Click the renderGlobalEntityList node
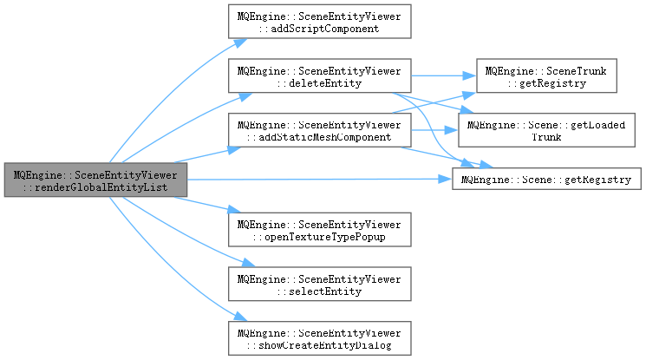pyautogui.click(x=95, y=180)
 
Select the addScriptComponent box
pyautogui.click(x=320, y=22)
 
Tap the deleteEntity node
pyautogui.click(x=320, y=75)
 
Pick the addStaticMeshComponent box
pyautogui.click(x=320, y=130)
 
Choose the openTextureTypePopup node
pyautogui.click(x=320, y=230)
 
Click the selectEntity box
pyautogui.click(x=320, y=285)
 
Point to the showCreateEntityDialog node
pyautogui.click(x=320, y=338)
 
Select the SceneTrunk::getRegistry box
pyautogui.click(x=546, y=75)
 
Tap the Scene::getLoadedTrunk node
pyautogui.click(x=546, y=130)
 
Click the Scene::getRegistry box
pyautogui.click(x=546, y=179)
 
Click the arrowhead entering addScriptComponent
pyautogui.click(x=241, y=43)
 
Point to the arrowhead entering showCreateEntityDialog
pyautogui.click(x=240, y=317)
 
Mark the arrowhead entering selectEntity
pyautogui.click(x=249, y=262)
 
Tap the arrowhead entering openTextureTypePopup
pyautogui.click(x=234, y=209)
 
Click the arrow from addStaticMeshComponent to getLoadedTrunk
pyautogui.click(x=434, y=130)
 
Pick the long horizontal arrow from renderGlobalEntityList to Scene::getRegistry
pyautogui.click(x=320, y=180)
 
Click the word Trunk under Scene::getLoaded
pyautogui.click(x=546, y=137)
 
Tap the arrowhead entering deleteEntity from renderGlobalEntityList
pyautogui.click(x=245, y=97)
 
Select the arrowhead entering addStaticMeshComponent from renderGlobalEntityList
pyautogui.click(x=234, y=150)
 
